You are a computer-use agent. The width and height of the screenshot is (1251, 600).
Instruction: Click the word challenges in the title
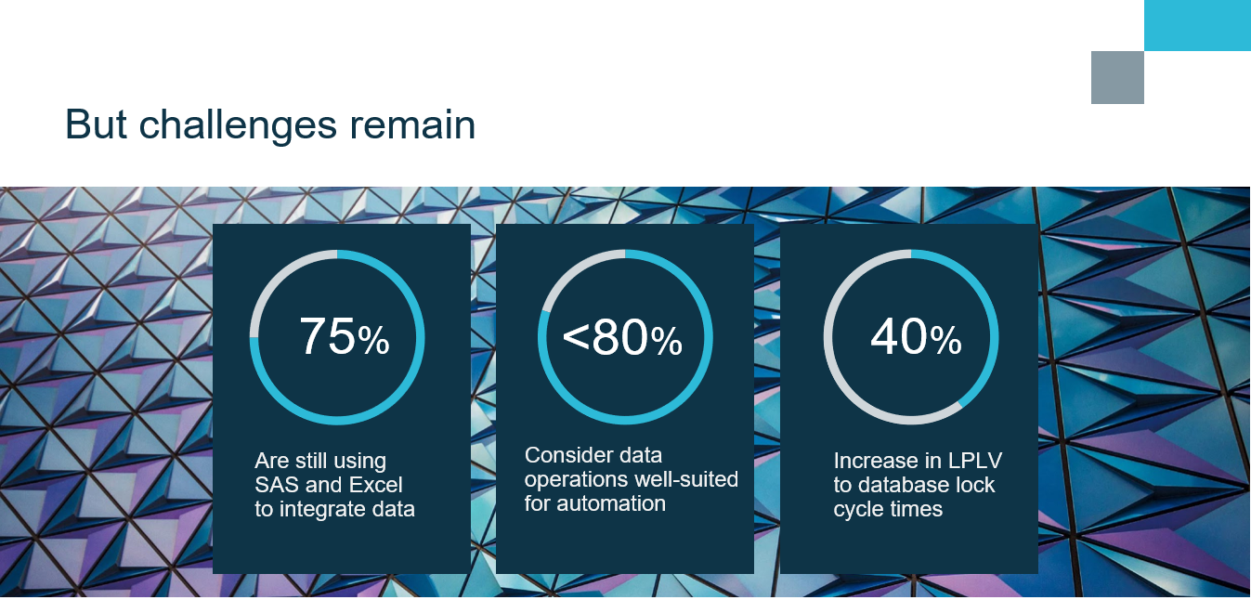coord(238,125)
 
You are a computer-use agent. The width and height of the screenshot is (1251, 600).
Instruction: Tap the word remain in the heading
coord(412,124)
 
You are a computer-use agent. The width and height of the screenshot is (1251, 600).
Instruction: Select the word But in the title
coord(96,124)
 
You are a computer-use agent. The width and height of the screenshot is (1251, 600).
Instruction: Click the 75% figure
coord(345,336)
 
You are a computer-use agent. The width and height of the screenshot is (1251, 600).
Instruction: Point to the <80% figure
coord(622,337)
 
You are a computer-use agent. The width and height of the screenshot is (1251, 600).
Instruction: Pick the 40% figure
coord(916,336)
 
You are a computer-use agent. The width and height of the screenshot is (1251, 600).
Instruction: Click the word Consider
coord(565,455)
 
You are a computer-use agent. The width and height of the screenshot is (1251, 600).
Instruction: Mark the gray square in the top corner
coord(1117,78)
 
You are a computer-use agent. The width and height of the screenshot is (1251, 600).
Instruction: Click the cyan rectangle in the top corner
coord(1197,26)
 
